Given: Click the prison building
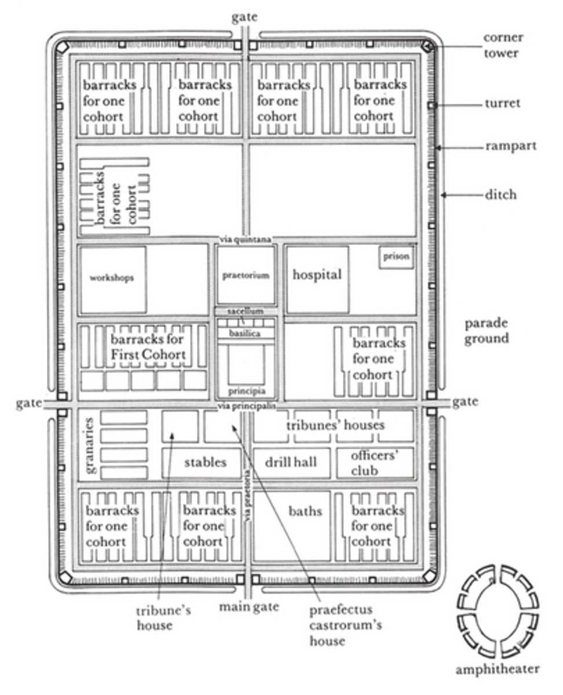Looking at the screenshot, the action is tap(396, 257).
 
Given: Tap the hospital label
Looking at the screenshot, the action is tap(317, 275).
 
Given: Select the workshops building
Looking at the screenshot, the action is tap(113, 280).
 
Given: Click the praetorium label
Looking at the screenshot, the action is tap(246, 275).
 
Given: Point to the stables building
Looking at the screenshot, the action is tap(202, 463).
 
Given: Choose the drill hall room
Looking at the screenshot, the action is tap(291, 463).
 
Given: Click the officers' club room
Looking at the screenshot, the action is tap(375, 463).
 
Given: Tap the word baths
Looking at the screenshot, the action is tap(305, 511).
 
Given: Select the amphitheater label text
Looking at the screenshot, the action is tap(498, 669).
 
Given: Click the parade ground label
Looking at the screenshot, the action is tap(487, 331).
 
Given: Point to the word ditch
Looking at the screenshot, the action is tap(500, 195).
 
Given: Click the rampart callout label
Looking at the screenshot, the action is tap(511, 146).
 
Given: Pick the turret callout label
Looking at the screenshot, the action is tap(502, 104).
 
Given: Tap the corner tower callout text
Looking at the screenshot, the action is tap(503, 45).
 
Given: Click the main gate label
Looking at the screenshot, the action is tap(249, 606).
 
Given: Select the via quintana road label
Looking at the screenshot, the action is tap(245, 240).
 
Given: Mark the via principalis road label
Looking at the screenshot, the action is tap(246, 406).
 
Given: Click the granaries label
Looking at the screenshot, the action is tap(90, 445).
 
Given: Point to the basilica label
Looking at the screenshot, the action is tap(245, 333).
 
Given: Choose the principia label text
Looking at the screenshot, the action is tap(247, 390).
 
